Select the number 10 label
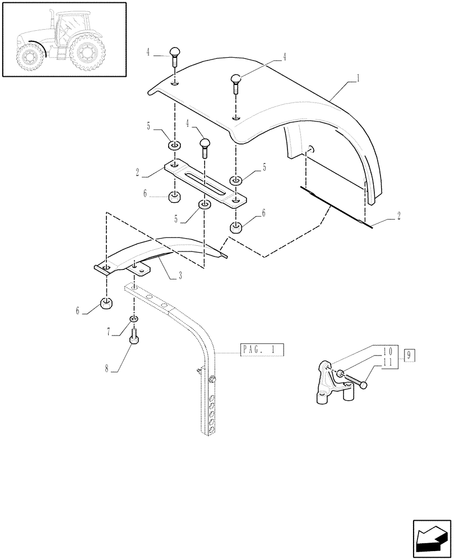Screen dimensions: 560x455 tap(386, 352)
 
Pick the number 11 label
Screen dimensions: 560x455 tap(386, 362)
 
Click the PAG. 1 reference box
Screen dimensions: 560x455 tap(262, 351)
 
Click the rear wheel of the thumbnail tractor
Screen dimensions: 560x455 tap(86, 53)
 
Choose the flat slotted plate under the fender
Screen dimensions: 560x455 tap(205, 184)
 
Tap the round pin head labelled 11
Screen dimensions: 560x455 tap(365, 385)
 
